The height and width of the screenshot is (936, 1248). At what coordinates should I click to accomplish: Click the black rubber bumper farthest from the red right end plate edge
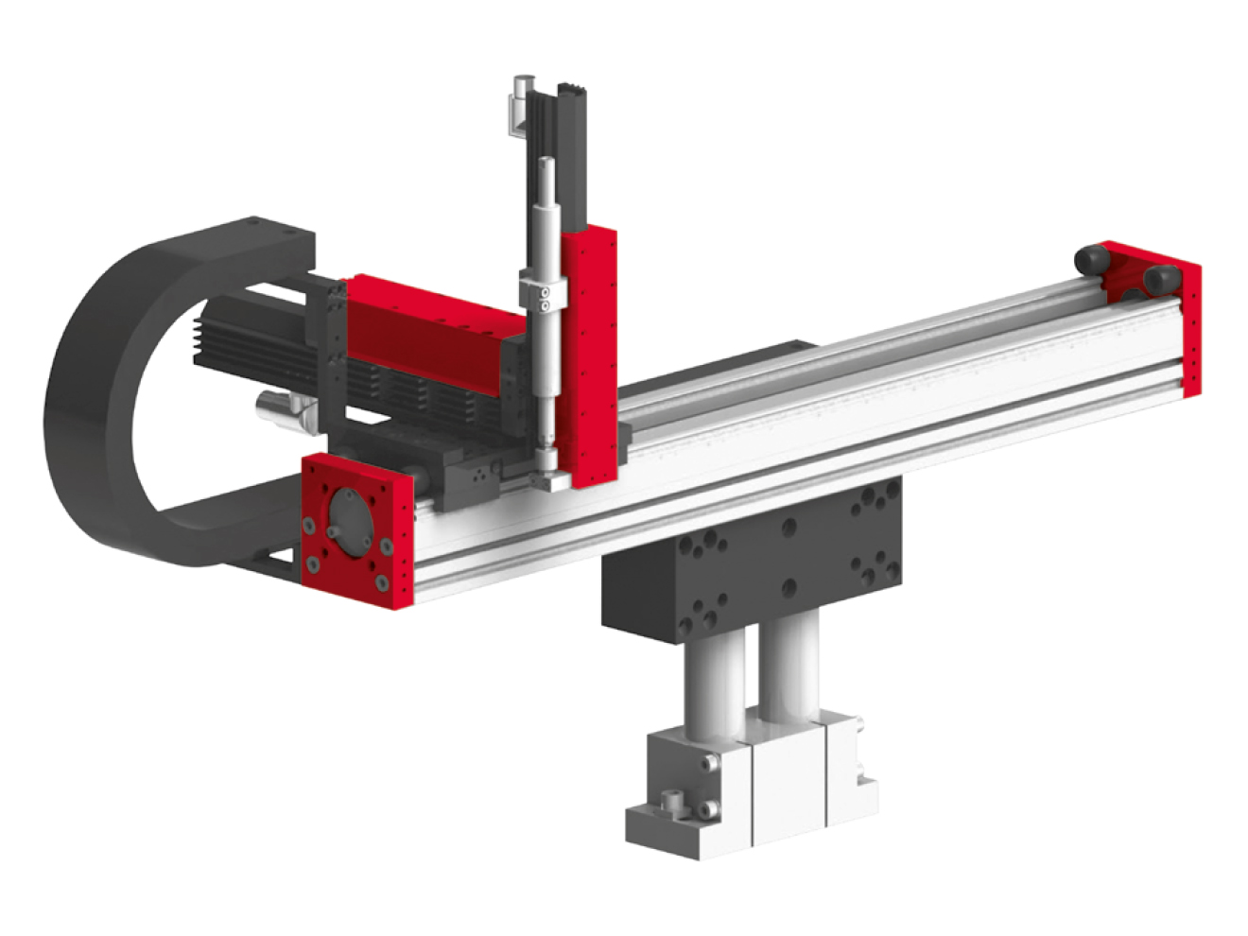(x=1091, y=258)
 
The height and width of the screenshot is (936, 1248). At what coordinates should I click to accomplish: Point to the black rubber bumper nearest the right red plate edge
(x=1161, y=280)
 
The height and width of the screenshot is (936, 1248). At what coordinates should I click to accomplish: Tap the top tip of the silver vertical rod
(x=546, y=163)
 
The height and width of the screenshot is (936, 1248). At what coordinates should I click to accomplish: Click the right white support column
(x=794, y=662)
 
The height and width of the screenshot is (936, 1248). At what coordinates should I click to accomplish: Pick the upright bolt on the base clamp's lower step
(x=674, y=802)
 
